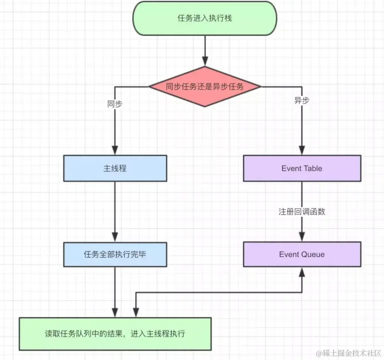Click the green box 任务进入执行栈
coord(204,18)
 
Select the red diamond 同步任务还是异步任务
coord(204,86)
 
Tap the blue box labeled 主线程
coord(115,168)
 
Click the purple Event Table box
coord(302,168)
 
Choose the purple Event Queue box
coord(302,254)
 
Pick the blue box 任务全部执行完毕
coord(115,254)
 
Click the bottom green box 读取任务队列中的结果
coord(115,333)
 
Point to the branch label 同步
coord(115,104)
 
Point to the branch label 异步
coord(302,101)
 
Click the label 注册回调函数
coord(302,212)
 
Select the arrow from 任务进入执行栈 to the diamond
coord(204,51)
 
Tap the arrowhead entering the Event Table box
coord(302,151)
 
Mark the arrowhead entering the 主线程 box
coord(115,151)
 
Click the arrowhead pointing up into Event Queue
coord(302,272)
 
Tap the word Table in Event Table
coord(312,168)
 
